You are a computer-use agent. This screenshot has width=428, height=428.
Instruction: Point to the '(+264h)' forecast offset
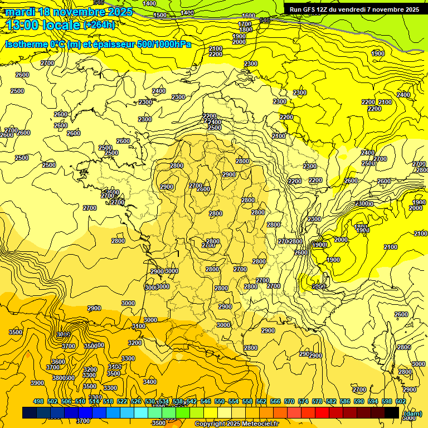coord(99,25)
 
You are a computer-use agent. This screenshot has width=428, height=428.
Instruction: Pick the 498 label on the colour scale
coord(38,401)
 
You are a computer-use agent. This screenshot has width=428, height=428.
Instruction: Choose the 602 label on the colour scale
coord(401,401)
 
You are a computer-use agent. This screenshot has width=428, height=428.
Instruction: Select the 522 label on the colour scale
coord(122,401)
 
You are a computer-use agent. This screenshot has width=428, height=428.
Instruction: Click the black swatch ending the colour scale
coord(391,412)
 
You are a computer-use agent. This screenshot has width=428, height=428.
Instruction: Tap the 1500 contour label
coord(160,15)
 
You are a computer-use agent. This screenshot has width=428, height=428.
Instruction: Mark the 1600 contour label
coord(249,16)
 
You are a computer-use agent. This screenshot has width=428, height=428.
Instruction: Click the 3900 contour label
coord(37,383)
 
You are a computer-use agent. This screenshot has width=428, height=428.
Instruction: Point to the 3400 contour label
coord(149,382)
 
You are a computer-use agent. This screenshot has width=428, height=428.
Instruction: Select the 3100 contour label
coord(139,326)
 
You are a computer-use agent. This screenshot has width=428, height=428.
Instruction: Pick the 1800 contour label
coord(246,30)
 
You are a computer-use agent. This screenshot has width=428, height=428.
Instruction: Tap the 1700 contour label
coord(245,24)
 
